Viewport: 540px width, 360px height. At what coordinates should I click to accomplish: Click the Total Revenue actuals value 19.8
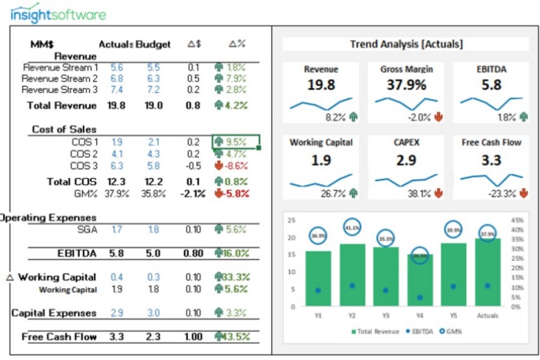pyautogui.click(x=116, y=106)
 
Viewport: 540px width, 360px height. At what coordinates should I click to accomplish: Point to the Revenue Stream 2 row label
pyautogui.click(x=59, y=78)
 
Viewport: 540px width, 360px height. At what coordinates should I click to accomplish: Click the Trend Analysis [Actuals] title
pyautogui.click(x=406, y=44)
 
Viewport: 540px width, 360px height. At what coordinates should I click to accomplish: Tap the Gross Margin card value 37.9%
pyautogui.click(x=406, y=85)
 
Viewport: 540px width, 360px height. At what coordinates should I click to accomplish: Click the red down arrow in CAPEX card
pyautogui.click(x=438, y=194)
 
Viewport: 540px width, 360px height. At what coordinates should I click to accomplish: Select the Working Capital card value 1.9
pyautogui.click(x=321, y=160)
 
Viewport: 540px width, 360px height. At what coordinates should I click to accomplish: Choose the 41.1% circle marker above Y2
pyautogui.click(x=352, y=228)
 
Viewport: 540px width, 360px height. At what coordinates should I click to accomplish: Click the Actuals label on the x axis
pyautogui.click(x=488, y=314)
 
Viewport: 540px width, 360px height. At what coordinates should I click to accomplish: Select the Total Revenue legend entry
pyautogui.click(x=378, y=331)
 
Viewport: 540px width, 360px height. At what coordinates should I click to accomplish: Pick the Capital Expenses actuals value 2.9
pyautogui.click(x=116, y=313)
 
